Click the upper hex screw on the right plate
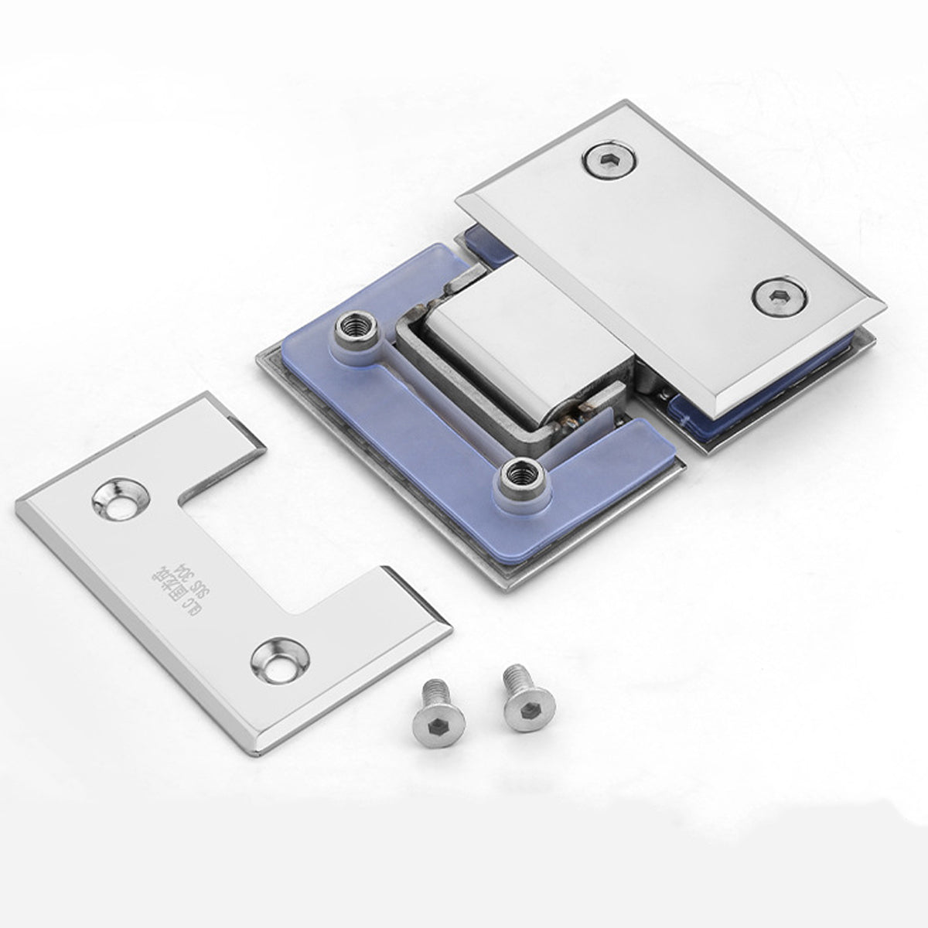click(610, 161)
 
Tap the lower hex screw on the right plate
click(779, 297)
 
